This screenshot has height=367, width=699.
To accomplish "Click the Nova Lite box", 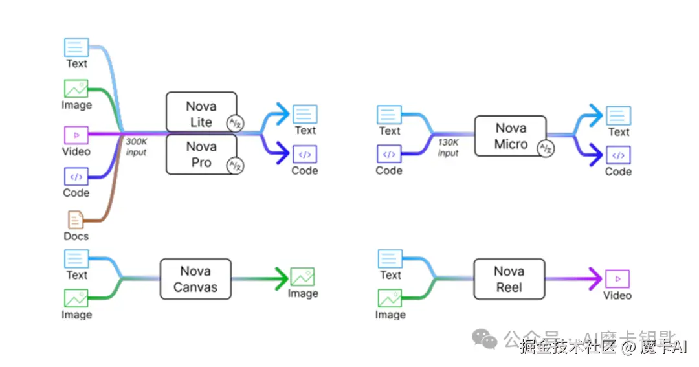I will click(x=201, y=113).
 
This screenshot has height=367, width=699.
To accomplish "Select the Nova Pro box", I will click(x=201, y=155).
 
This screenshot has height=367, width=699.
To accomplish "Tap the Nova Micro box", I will click(x=510, y=136).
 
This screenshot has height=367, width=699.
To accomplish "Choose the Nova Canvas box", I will click(x=195, y=279).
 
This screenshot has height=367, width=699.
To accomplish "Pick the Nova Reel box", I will click(x=509, y=279).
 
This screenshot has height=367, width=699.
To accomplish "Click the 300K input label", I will click(x=136, y=147).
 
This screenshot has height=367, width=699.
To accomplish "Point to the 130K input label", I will click(x=448, y=148).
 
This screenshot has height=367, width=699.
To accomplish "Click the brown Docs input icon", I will click(x=76, y=220).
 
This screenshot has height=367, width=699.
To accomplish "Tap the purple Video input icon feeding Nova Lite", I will click(x=76, y=135).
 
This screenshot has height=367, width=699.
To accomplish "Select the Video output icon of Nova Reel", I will click(x=617, y=278).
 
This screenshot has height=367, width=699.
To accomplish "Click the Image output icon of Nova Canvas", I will click(x=302, y=277).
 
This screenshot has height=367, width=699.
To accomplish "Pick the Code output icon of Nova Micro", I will click(x=618, y=155).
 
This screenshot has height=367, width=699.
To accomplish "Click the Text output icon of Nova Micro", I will click(x=618, y=116).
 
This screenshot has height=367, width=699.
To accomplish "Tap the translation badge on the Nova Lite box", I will click(x=234, y=123).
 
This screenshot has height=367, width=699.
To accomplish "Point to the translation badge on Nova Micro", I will click(x=546, y=148).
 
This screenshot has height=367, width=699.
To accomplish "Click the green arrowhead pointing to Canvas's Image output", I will click(x=280, y=278).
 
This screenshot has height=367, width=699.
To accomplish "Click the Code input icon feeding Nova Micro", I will click(x=389, y=154).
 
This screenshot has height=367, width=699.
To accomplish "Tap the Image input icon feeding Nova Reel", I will click(x=390, y=298).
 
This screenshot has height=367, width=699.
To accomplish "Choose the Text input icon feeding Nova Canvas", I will click(x=76, y=259).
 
